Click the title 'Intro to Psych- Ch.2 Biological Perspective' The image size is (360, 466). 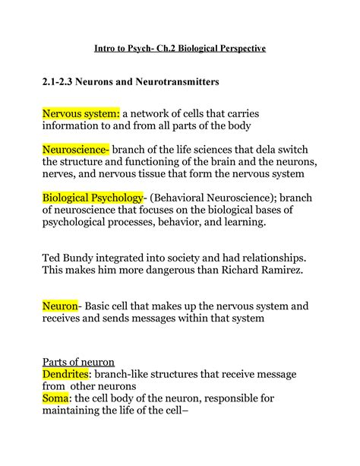tap(180, 49)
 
